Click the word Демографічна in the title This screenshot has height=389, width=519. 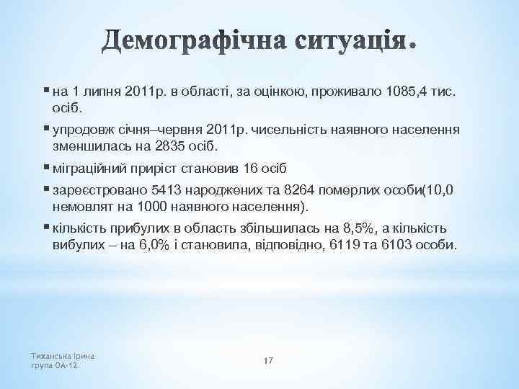pyautogui.click(x=197, y=42)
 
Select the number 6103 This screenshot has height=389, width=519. pyautogui.click(x=397, y=245)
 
